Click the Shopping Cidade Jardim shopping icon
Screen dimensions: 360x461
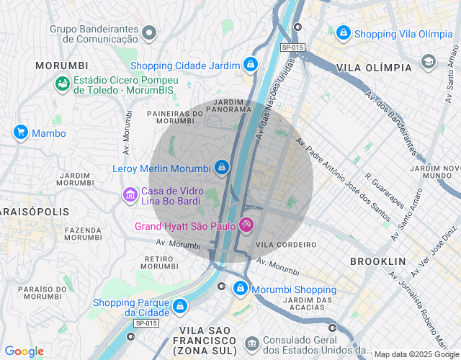click(250, 65)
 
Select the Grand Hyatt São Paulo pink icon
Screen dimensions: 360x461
click(246, 226)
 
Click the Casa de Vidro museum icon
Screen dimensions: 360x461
click(130, 194)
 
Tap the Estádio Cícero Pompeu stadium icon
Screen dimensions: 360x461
click(63, 84)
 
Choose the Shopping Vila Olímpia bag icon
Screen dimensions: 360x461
click(344, 33)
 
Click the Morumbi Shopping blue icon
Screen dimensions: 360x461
click(241, 289)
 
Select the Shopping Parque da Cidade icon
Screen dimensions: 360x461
click(179, 307)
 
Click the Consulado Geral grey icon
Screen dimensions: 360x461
click(251, 344)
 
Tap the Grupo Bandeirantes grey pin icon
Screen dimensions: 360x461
click(149, 32)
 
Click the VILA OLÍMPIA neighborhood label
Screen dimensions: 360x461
click(374, 68)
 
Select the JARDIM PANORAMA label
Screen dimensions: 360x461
click(228, 107)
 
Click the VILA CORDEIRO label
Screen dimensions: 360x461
click(286, 244)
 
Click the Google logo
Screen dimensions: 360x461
click(24, 351)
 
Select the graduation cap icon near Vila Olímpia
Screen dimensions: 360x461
click(429, 61)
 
